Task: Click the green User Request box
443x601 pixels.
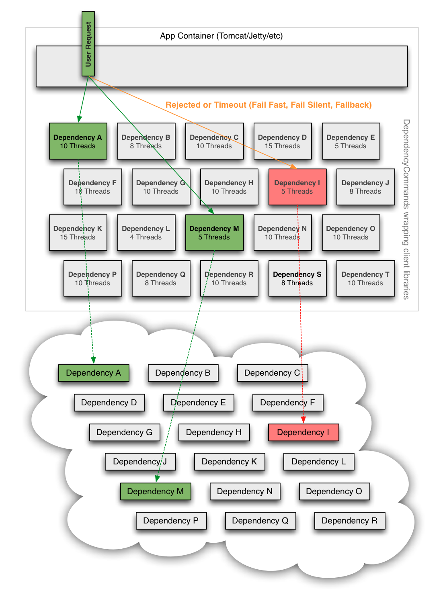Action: coord(88,43)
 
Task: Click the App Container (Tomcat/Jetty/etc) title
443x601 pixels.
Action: coord(221,36)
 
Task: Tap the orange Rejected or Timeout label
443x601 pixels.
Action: coord(269,105)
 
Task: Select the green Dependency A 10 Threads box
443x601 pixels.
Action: coord(78,141)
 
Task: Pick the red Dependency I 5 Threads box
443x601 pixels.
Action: coord(297,187)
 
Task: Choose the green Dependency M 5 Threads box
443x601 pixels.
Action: coord(214,233)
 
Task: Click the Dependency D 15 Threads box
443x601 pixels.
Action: coord(282,141)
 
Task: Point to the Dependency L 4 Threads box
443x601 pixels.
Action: coord(146,233)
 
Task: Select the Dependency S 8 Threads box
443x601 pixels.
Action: coord(297,278)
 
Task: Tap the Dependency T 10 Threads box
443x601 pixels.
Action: coord(365,278)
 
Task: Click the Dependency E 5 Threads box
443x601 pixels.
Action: coord(351,141)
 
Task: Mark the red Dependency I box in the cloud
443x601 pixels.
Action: coord(303,433)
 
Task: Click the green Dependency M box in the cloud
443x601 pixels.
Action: coord(155,491)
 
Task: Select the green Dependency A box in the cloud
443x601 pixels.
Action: coord(93,373)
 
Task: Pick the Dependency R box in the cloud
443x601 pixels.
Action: coord(349,521)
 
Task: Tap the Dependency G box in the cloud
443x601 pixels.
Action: coord(124,433)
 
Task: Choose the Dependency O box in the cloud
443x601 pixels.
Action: coord(334,491)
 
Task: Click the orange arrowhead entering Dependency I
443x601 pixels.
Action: coord(293,166)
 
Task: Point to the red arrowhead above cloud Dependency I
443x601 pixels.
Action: coord(304,420)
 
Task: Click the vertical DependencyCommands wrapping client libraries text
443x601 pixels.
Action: coord(406,209)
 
